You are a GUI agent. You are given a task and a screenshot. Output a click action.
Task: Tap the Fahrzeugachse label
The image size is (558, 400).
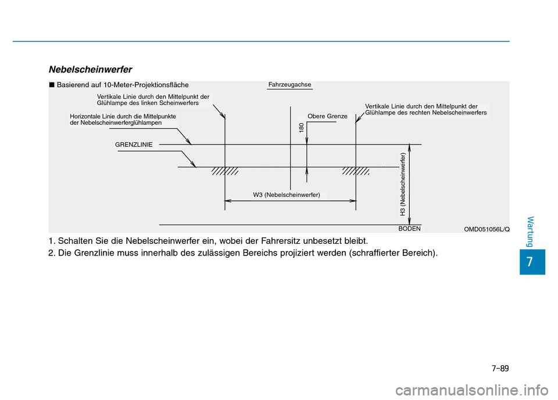tap(290, 85)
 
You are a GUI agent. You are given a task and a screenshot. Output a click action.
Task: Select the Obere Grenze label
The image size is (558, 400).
tap(327, 116)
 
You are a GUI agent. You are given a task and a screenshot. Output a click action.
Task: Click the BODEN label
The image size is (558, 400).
tap(409, 229)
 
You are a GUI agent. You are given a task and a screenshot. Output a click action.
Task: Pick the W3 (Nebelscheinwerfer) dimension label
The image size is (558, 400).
tap(287, 194)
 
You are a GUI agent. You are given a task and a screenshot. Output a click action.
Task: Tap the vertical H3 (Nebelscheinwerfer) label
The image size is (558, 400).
tap(402, 184)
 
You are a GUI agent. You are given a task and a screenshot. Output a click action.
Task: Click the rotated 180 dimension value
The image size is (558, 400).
tap(301, 128)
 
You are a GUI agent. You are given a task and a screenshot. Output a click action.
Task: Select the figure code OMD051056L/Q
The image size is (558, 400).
tap(487, 229)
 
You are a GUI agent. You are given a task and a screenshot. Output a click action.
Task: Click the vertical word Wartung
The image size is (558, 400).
tap(533, 230)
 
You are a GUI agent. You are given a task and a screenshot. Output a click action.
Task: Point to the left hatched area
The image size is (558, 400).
tap(225, 171)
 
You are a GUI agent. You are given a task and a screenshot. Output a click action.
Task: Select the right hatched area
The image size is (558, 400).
tap(356, 171)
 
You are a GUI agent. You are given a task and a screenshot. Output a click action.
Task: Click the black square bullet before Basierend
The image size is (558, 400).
tap(52, 85)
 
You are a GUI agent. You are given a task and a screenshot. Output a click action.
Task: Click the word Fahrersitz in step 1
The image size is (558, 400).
tap(278, 240)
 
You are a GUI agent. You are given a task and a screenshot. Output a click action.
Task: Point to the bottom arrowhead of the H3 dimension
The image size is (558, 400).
tap(410, 221)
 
